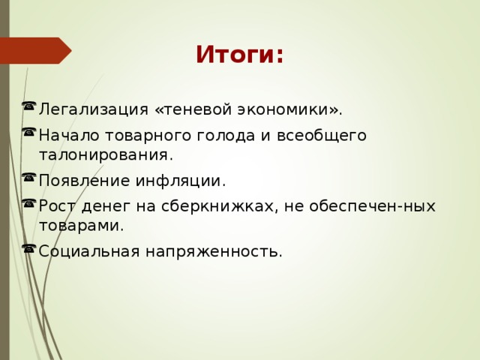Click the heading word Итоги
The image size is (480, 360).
pos(239,55)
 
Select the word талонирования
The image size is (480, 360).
pos(105,155)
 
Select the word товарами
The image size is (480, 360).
pos(81,225)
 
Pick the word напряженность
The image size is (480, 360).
pos(213,250)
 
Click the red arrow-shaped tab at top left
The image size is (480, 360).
pos(40,50)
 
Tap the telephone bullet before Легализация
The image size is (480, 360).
pos(28,106)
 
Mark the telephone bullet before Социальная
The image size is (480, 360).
pos(28,247)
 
